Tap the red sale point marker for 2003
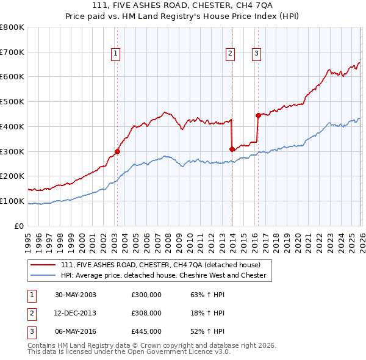[x=117, y=151]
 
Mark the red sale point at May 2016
[x=258, y=115]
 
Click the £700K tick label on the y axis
[x=12, y=52]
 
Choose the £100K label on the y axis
[x=12, y=201]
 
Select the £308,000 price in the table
[x=146, y=313]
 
